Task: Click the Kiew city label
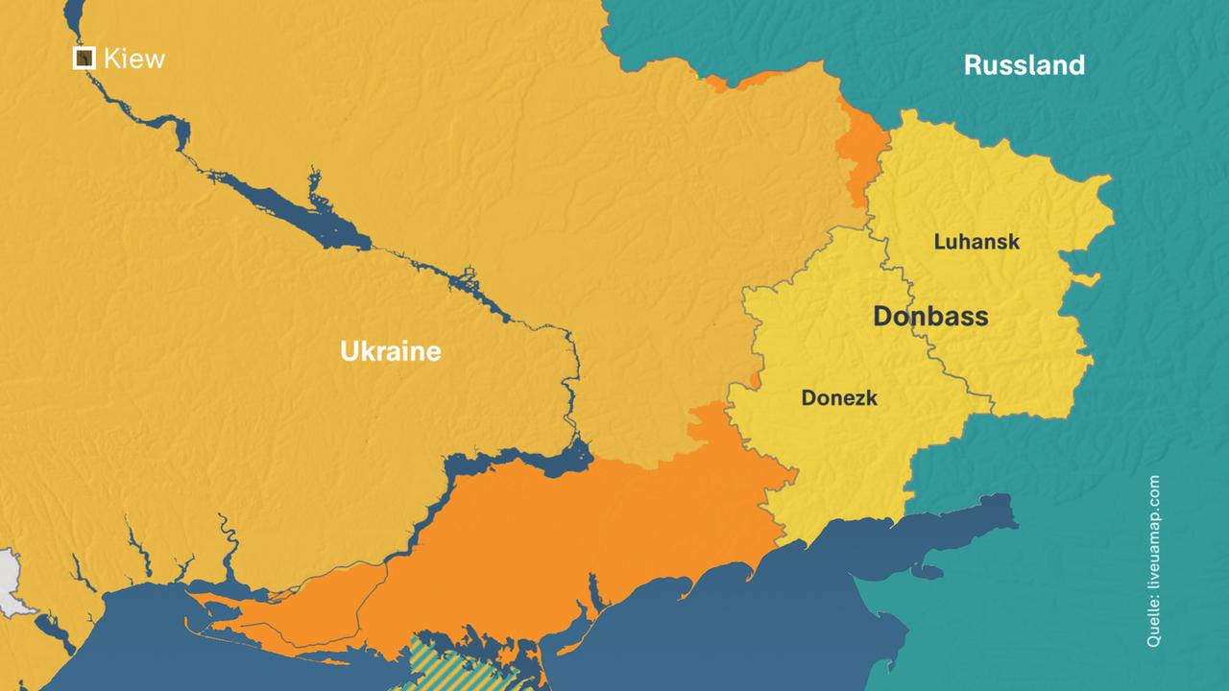[x=133, y=59]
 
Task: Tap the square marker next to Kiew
[x=84, y=59]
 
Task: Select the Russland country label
[x=1024, y=65]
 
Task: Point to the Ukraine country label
[x=390, y=351]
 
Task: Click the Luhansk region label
[x=976, y=242]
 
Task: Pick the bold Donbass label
[x=929, y=316]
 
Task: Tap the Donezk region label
[x=839, y=397]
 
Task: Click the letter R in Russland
[x=972, y=65]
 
